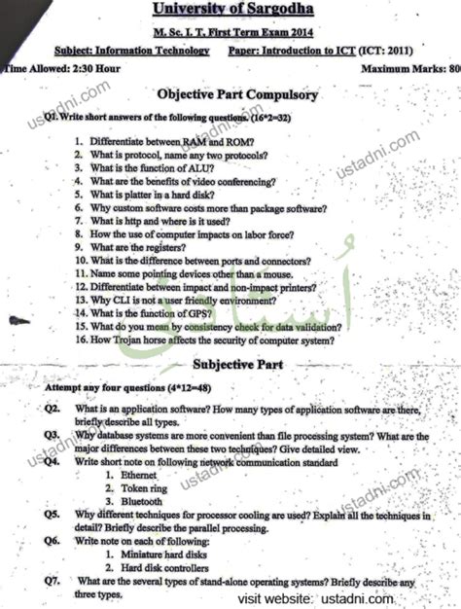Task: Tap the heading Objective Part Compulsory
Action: point(237,95)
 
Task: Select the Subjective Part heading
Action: point(236,365)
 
